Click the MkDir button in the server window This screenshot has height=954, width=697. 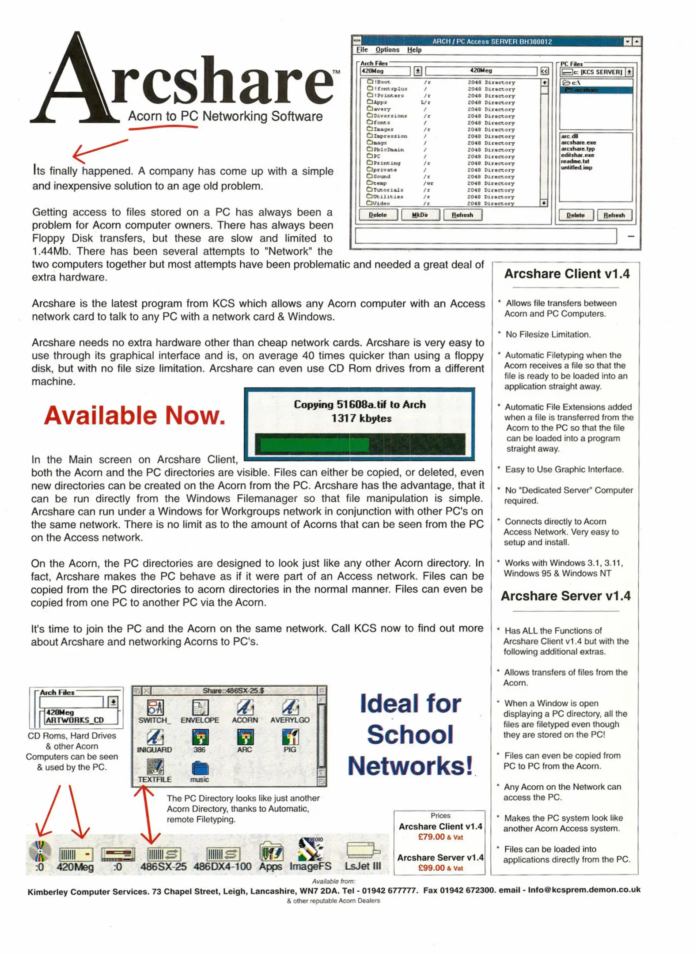[419, 215]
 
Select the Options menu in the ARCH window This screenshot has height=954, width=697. [387, 50]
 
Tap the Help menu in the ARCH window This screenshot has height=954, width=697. [414, 50]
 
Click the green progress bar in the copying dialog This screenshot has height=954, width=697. [314, 444]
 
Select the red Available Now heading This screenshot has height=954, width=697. [134, 416]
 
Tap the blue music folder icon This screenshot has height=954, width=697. [200, 769]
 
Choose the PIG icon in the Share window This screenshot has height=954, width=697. [290, 738]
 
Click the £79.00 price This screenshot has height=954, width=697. [431, 837]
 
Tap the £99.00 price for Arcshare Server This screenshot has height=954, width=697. [431, 868]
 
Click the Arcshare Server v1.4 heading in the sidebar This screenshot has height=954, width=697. [565, 596]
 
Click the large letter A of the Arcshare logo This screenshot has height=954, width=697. [75, 79]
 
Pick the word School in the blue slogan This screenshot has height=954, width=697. [410, 734]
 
